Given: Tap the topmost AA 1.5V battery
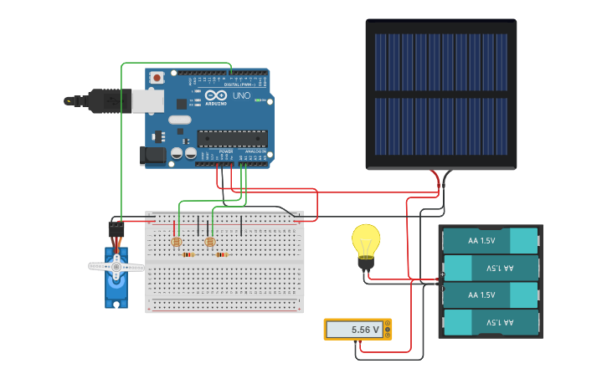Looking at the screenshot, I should click(490, 241).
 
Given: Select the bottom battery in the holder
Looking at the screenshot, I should click(490, 322).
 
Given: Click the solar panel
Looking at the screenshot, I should click(440, 94).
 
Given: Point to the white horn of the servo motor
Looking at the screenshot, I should click(116, 267).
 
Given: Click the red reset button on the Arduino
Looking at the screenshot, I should click(157, 78).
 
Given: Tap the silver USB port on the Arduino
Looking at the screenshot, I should click(147, 100).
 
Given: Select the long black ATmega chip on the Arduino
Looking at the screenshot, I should click(232, 138).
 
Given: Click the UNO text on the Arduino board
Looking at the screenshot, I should click(241, 96).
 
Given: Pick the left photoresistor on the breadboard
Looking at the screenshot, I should click(176, 242).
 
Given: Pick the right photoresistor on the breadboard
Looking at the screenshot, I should click(210, 242).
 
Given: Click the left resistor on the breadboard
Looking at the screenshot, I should click(188, 254).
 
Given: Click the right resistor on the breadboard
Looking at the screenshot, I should click(222, 254).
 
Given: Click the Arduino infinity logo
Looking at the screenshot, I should click(215, 95).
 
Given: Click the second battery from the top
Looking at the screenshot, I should click(490, 268).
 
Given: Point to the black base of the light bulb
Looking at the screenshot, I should click(366, 264).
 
